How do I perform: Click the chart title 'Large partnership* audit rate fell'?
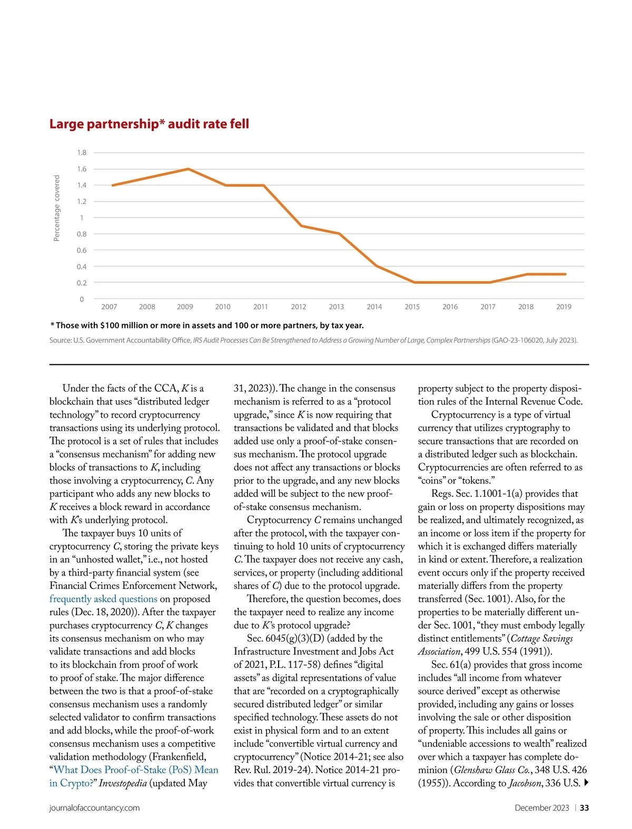(149, 124)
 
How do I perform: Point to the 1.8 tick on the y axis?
(82, 153)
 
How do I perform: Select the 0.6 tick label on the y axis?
(82, 250)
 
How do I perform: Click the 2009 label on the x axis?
(185, 307)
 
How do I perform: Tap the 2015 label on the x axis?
(412, 307)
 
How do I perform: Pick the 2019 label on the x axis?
(564, 307)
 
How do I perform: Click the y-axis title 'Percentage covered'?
(57, 209)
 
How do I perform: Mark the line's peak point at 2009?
(189, 169)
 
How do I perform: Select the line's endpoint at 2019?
(566, 274)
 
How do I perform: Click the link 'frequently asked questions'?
(103, 599)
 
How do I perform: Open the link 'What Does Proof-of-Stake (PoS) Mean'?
(136, 770)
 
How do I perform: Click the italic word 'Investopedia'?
(123, 783)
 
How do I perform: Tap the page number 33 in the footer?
(585, 808)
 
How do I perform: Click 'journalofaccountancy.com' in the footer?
(95, 808)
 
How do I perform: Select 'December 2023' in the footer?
(542, 808)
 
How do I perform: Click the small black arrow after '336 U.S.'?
(586, 783)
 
